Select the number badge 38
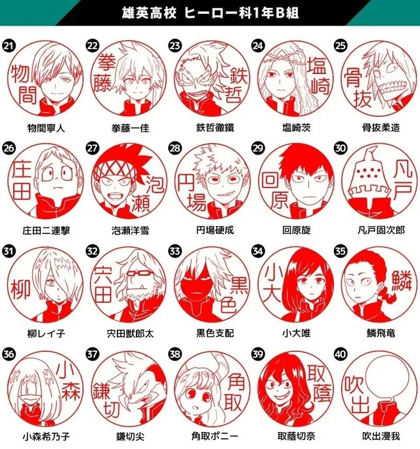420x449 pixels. click(x=175, y=354)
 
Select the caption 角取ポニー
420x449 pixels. click(x=210, y=436)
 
